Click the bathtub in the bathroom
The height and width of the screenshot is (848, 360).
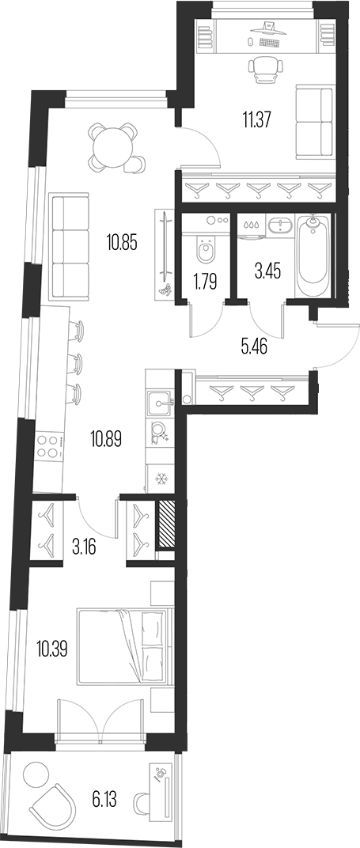point(314,255)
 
